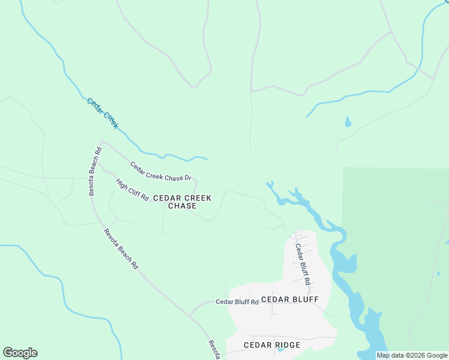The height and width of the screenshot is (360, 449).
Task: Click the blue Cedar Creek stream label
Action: pyautogui.click(x=103, y=113)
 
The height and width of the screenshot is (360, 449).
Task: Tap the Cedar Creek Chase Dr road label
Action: pyautogui.click(x=160, y=171)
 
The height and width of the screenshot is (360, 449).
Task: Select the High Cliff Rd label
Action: pyautogui.click(x=132, y=190)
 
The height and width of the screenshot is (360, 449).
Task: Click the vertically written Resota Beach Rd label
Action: pyautogui.click(x=94, y=171)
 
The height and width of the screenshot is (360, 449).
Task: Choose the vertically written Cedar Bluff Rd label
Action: pyautogui.click(x=302, y=263)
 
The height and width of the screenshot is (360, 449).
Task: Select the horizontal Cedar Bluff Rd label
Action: pyautogui.click(x=237, y=302)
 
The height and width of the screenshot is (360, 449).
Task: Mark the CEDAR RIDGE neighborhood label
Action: pyautogui.click(x=272, y=345)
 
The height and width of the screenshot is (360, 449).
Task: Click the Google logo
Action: pyautogui.click(x=20, y=353)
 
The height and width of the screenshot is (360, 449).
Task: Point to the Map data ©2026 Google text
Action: pyautogui.click(x=412, y=355)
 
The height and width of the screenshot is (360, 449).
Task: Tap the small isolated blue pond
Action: pyautogui.click(x=348, y=122)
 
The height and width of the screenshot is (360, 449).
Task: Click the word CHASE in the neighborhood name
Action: pyautogui.click(x=182, y=206)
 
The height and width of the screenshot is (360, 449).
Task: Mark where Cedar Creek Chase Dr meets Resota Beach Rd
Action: pyautogui.click(x=103, y=142)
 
